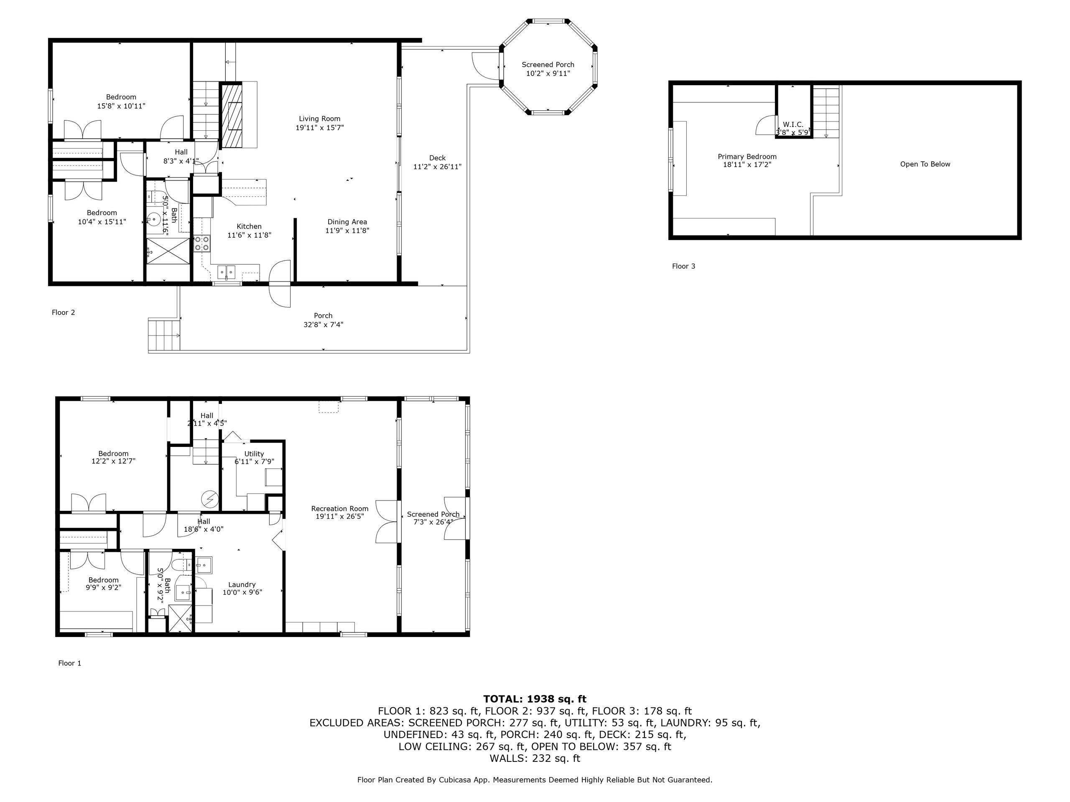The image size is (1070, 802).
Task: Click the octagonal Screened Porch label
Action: [x=548, y=65]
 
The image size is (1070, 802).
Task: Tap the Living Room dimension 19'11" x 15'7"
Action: [x=319, y=128]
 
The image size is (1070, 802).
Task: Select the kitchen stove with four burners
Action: [x=202, y=243]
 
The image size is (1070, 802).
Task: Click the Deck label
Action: [x=437, y=158]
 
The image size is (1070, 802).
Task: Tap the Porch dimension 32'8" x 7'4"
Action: [x=323, y=325]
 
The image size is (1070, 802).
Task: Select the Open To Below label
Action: [x=925, y=164]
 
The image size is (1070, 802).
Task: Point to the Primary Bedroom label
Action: [x=746, y=157]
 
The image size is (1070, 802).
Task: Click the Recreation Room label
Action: [x=339, y=509]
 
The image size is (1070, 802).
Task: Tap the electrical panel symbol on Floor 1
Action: [x=210, y=497]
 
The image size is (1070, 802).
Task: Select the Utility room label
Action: [x=254, y=454]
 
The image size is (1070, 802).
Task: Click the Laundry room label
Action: [x=242, y=584]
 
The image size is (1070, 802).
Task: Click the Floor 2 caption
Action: [x=64, y=313]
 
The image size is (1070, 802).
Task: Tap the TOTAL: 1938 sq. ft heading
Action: [x=535, y=699]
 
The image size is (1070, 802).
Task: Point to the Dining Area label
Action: [x=347, y=222]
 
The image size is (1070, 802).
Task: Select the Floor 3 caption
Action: [x=683, y=266]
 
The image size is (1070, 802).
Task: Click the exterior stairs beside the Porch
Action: [x=163, y=335]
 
